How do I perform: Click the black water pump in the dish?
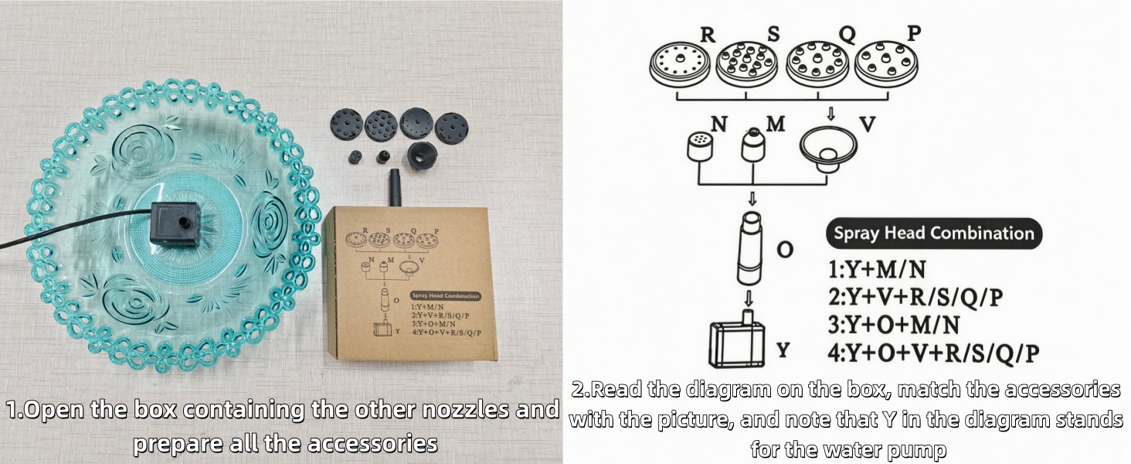(x=175, y=224)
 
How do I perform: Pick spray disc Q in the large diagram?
(x=818, y=63)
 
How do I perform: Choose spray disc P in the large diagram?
(x=886, y=63)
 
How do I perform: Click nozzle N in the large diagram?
(x=700, y=147)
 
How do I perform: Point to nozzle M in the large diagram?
(x=752, y=145)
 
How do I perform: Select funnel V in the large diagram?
(x=828, y=148)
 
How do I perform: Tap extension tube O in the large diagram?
(x=750, y=248)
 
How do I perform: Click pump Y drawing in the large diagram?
(x=737, y=340)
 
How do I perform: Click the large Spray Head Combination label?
(x=934, y=234)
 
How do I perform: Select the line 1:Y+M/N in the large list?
(x=877, y=269)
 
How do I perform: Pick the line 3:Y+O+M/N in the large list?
(x=894, y=325)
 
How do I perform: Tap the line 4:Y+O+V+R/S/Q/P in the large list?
(x=933, y=353)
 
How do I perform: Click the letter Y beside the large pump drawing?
(x=783, y=350)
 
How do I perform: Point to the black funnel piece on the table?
(x=422, y=155)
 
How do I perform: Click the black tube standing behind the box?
(x=394, y=187)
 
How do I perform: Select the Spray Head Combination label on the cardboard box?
(x=445, y=296)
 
